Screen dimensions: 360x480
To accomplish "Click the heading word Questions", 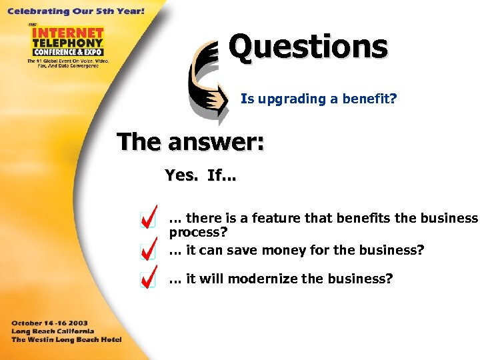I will pyautogui.click(x=307, y=47).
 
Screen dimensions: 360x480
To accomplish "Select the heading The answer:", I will pyautogui.click(x=190, y=141).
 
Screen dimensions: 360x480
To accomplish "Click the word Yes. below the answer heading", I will pyautogui.click(x=181, y=175).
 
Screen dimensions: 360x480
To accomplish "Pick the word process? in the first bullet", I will pyautogui.click(x=198, y=232).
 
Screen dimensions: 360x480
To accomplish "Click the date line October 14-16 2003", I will pyautogui.click(x=49, y=323).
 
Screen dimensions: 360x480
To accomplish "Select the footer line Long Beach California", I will pyautogui.click(x=53, y=331).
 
